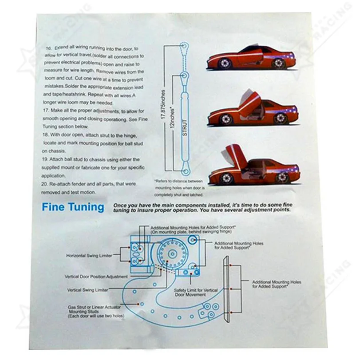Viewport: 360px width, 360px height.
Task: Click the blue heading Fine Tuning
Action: (73, 207)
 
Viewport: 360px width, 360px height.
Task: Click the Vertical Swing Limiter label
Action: (88, 290)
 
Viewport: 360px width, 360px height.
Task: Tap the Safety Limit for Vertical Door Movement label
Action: (196, 292)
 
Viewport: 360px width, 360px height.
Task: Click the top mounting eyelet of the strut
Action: (184, 45)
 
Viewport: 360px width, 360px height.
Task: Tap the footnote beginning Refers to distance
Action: (173, 188)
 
